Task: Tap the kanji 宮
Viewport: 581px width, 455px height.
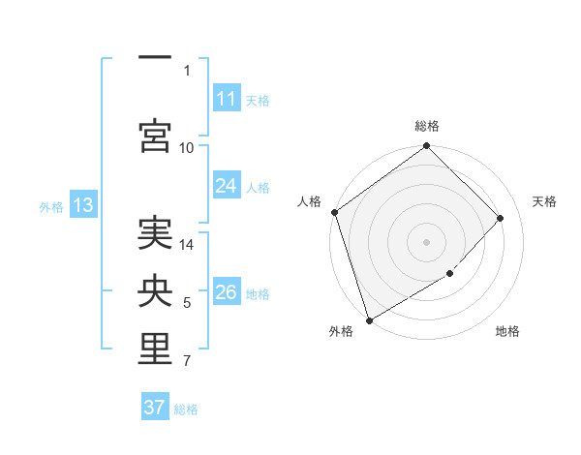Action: coord(155,134)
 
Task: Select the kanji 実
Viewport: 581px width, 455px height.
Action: coord(155,232)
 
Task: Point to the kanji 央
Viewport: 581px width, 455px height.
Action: coord(155,292)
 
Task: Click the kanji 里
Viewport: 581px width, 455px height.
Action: coord(155,351)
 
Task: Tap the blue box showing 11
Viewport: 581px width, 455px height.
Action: coord(226,99)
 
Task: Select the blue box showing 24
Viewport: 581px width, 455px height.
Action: coord(226,186)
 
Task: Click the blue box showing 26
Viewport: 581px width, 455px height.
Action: coord(226,292)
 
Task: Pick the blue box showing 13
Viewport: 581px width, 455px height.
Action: coord(82,205)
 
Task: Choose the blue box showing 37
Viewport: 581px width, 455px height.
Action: coord(155,408)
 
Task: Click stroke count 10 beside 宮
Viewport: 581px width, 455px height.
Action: coord(187,147)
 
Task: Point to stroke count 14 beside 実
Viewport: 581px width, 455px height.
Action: coord(187,245)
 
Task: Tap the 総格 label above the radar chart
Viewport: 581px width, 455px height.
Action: coord(427,126)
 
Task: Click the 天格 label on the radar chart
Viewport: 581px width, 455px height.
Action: coord(544,201)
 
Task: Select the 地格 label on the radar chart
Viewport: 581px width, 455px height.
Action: coord(507,332)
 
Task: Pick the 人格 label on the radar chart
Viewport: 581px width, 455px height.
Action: coord(309,201)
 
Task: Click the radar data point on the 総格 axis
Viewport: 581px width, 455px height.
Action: coord(426,147)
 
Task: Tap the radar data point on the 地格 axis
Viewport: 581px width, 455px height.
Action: coord(451,274)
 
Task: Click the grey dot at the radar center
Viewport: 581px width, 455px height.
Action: coord(426,241)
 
